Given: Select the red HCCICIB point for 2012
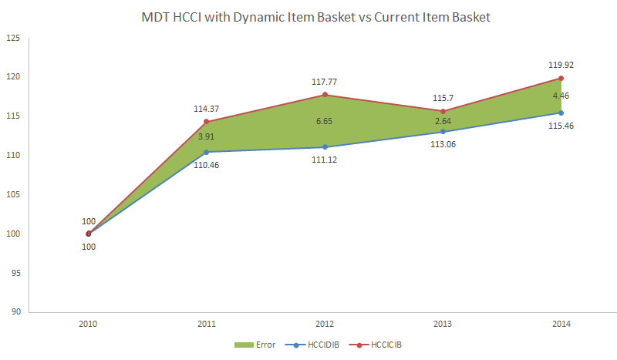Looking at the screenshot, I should point(325,95).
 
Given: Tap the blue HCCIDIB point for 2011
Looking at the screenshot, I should point(206,152).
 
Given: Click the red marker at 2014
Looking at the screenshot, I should point(561,78).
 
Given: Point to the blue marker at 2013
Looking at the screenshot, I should point(443,132).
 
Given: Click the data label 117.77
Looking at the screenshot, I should point(325,81).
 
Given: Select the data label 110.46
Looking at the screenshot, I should point(206,166).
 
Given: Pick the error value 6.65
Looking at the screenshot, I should point(325,121).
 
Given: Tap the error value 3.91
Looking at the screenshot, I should point(206,136).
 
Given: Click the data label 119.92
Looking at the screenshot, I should point(561,65).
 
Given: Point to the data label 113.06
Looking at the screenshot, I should point(443,145).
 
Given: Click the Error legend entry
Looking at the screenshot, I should point(258,345).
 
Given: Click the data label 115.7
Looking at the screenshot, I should point(443,98).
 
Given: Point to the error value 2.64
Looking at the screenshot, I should point(443,121).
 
